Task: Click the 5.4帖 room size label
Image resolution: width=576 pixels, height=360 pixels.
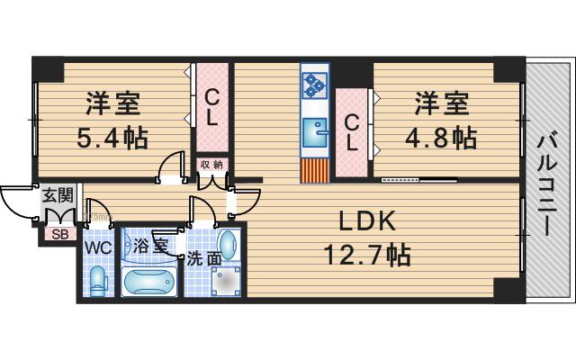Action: tap(112, 138)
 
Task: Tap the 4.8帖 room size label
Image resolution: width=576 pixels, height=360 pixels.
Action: tap(441, 138)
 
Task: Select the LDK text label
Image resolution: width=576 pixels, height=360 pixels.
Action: tap(367, 221)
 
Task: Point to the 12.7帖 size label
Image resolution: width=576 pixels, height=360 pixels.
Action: tap(367, 256)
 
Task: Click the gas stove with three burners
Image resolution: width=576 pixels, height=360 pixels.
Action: tap(314, 85)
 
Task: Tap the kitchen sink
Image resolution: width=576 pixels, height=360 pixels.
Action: tap(315, 132)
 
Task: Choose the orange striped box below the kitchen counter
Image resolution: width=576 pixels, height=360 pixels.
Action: tap(314, 171)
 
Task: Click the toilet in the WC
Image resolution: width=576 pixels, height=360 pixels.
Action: tap(98, 282)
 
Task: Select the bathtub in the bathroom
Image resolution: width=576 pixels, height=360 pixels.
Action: tap(149, 282)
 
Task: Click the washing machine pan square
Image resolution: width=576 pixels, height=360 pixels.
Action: tap(226, 281)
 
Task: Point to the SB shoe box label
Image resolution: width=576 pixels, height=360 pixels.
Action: tap(60, 234)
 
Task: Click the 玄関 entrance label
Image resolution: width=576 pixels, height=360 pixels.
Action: tap(58, 195)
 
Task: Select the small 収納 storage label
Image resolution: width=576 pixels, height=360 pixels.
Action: tap(212, 165)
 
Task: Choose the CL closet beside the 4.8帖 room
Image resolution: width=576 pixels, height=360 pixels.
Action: tap(352, 133)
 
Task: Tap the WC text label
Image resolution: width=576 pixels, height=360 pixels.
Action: tap(98, 248)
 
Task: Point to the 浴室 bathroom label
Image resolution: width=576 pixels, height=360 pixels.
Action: tap(150, 246)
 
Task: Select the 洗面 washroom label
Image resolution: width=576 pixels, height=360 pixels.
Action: tap(204, 259)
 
